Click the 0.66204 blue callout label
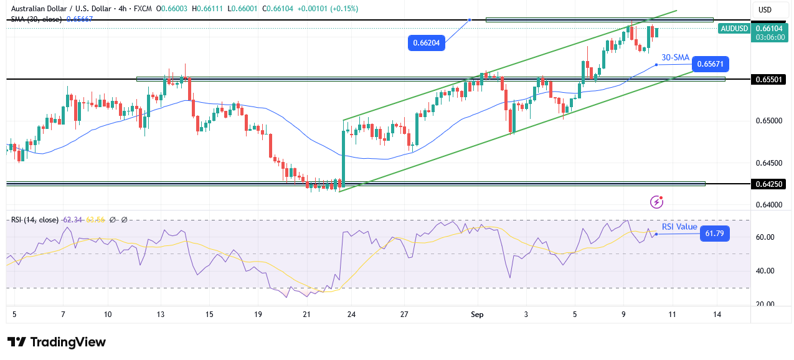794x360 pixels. click(427, 43)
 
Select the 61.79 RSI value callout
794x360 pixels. click(714, 234)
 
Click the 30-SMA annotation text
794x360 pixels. click(676, 57)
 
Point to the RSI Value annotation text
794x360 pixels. click(679, 227)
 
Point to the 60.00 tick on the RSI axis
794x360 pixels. click(765, 237)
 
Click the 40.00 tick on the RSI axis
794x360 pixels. click(765, 271)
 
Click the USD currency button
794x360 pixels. click(765, 10)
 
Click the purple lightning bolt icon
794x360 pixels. click(656, 202)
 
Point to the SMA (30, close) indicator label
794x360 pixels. click(36, 19)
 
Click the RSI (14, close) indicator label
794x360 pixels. click(35, 220)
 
